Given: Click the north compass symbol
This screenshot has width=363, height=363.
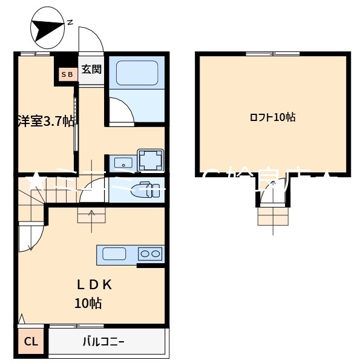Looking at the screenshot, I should pyautogui.click(x=48, y=28).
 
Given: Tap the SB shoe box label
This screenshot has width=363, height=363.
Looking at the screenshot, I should pyautogui.click(x=67, y=74).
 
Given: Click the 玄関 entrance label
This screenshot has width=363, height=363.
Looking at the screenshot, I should pyautogui.click(x=91, y=68).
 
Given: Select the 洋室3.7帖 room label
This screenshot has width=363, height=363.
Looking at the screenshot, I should pyautogui.click(x=45, y=121).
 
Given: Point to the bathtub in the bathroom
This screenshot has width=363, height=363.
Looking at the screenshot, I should pyautogui.click(x=136, y=73).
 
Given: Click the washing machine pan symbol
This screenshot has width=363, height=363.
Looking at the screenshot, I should pyautogui.click(x=151, y=160).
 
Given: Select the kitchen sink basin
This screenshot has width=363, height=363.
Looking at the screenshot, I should pyautogui.click(x=114, y=253).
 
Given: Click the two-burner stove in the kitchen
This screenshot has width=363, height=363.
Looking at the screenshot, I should pyautogui.click(x=150, y=254).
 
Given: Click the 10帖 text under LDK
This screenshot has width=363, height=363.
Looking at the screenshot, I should pyautogui.click(x=88, y=303).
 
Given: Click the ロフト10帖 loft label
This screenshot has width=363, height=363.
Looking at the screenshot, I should pyautogui.click(x=272, y=117).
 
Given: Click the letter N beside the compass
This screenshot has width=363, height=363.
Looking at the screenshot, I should pyautogui.click(x=70, y=23).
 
